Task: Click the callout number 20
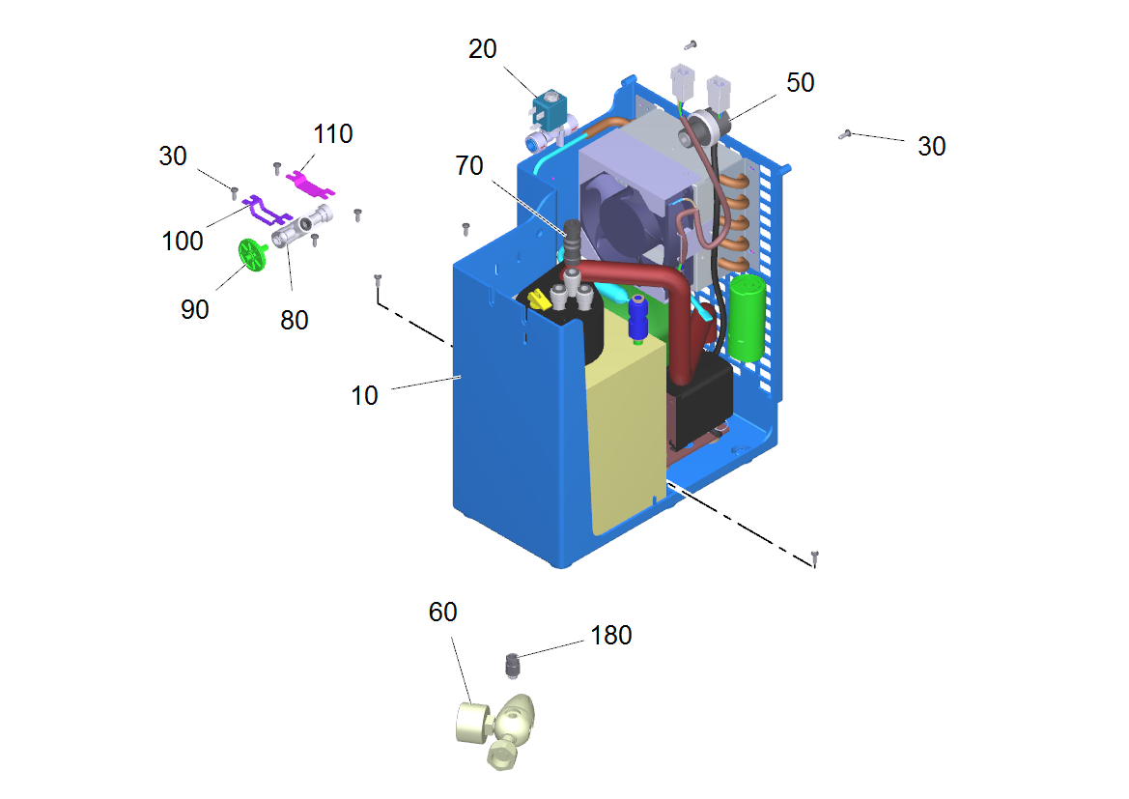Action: coord(483,49)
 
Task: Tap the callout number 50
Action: coord(800,82)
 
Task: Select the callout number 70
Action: coord(468,166)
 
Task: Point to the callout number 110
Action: coord(332,133)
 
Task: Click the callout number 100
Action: coord(183,241)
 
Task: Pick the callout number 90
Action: coord(194,309)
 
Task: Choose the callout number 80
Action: coord(294,320)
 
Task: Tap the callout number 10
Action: coord(364,395)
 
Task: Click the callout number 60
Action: coord(443,612)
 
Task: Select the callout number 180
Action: coord(611,635)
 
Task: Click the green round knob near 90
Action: coord(253,254)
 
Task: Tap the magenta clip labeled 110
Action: coord(310,184)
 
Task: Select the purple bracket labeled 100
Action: coord(267,210)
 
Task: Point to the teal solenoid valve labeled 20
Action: coord(550,109)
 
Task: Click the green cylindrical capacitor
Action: coord(747,317)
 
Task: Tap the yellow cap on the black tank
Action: coord(539,300)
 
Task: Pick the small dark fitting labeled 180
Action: coord(512,665)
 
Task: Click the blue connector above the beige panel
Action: coord(638,318)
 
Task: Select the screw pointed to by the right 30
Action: coord(845,134)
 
